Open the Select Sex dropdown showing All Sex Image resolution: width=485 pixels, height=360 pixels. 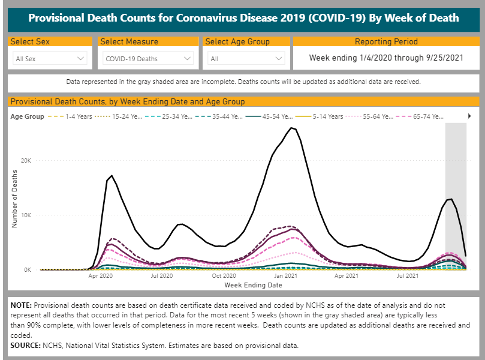pyautogui.click(x=50, y=59)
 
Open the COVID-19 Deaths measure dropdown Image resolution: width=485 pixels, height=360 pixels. pyautogui.click(x=148, y=59)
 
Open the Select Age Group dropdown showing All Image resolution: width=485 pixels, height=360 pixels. pyautogui.click(x=246, y=59)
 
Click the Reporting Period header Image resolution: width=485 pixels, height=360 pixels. pyautogui.click(x=386, y=42)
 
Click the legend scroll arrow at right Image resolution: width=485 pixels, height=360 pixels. pyautogui.click(x=469, y=116)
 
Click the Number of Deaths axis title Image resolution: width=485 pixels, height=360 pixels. pyautogui.click(x=14, y=199)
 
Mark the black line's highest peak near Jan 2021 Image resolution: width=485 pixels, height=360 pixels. pyautogui.click(x=291, y=128)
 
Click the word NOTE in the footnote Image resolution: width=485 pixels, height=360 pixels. pyautogui.click(x=21, y=305)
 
